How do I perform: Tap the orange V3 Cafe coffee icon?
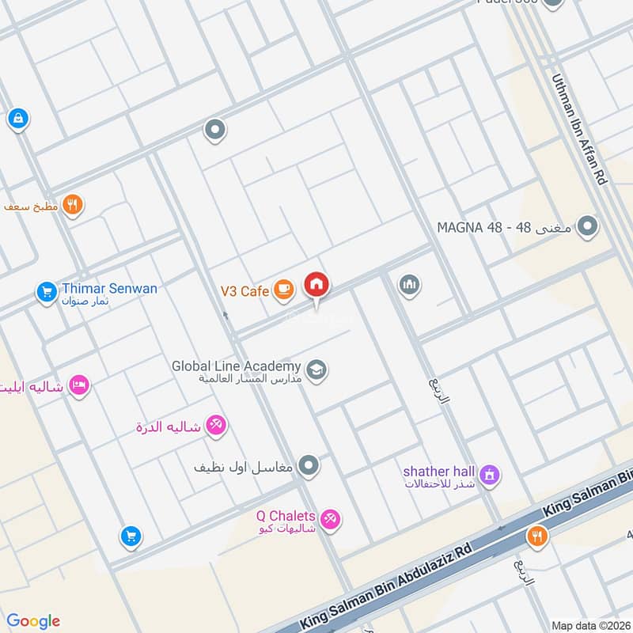(282, 291)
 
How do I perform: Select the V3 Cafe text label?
(244, 292)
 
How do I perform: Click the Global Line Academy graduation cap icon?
(316, 370)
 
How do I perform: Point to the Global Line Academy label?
(236, 367)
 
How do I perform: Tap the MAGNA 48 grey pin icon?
(586, 227)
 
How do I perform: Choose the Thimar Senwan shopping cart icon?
(47, 293)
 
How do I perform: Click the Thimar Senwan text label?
(109, 289)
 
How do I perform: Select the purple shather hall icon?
(491, 476)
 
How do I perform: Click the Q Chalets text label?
(285, 516)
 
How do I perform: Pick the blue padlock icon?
(17, 119)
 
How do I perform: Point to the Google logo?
(33, 621)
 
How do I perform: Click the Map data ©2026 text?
(589, 624)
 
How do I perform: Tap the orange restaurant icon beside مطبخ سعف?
(73, 205)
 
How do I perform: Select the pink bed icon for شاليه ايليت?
(79, 385)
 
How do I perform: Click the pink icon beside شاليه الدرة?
(216, 425)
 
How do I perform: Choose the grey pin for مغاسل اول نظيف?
(310, 466)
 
